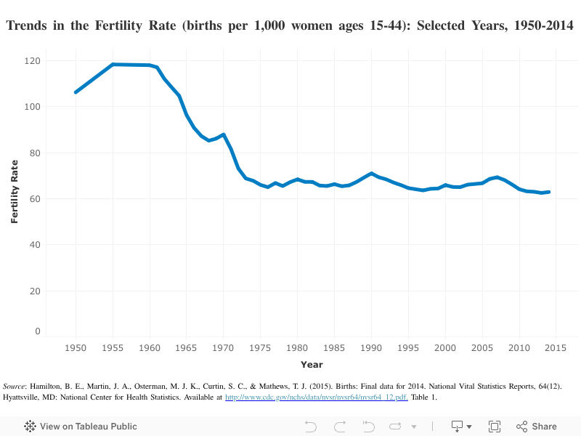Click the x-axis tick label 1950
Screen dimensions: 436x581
[76, 348]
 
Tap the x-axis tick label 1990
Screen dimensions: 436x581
[371, 348]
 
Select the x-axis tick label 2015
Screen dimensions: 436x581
[556, 348]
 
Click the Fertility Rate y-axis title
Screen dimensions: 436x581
[14, 192]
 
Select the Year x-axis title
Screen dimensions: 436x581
[312, 364]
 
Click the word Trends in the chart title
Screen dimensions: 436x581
[29, 27]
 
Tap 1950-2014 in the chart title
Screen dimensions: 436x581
[539, 27]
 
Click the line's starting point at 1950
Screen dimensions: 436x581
[76, 92]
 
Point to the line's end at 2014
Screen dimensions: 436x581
[549, 192]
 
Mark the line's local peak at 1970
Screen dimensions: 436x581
[224, 134]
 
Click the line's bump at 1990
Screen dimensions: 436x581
[371, 174]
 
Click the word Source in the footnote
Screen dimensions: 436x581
[15, 386]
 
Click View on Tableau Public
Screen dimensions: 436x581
[81, 427]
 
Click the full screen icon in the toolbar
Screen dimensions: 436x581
[495, 427]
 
